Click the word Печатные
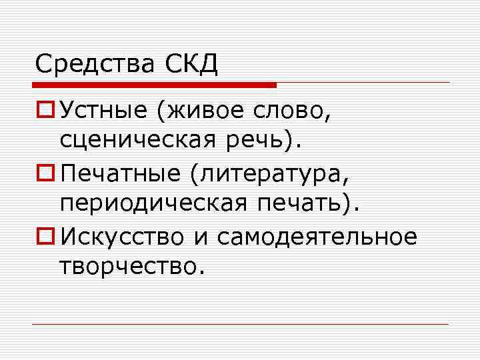119,175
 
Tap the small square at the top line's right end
449,83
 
